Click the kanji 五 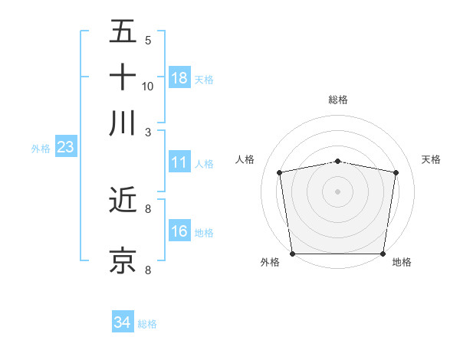123,32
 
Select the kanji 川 123,123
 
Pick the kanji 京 123,260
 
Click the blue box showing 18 179,78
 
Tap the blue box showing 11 179,162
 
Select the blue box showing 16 179,231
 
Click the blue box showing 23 65,148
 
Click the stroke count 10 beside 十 148,86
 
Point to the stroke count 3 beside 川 148,131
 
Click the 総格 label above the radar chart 337,100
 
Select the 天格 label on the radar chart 431,159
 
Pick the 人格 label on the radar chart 245,159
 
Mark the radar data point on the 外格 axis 292,254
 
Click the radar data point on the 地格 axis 383,254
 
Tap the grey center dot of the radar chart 337,191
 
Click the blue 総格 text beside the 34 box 147,324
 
